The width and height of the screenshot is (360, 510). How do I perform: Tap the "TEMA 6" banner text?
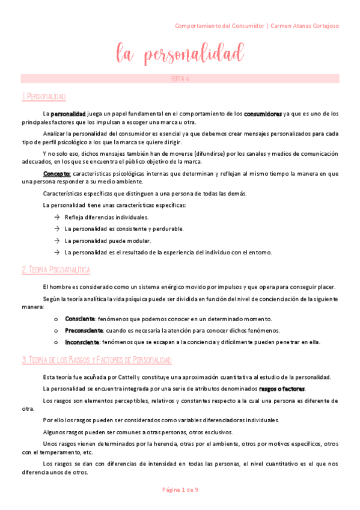coord(180,79)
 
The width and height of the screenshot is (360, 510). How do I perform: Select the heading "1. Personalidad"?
coord(43,97)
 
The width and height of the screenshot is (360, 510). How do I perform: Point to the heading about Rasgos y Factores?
coord(96,360)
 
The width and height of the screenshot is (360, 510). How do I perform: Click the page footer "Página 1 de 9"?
coord(180,490)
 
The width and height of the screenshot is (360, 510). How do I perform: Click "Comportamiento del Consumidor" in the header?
coord(220,26)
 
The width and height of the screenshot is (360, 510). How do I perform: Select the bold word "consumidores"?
coord(263,113)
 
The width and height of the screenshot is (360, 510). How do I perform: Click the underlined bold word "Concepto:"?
coord(57,173)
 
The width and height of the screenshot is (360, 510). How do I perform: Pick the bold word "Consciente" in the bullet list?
coord(80,319)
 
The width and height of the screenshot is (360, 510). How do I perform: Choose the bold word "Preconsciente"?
coord(84,330)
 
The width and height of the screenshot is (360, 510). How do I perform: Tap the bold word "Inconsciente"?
coord(82,342)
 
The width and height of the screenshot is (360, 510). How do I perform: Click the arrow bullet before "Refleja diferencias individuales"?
coord(56,217)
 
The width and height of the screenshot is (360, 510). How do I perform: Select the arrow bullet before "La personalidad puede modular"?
coord(56,241)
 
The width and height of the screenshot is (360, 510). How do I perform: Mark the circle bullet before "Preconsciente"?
coord(56,331)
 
